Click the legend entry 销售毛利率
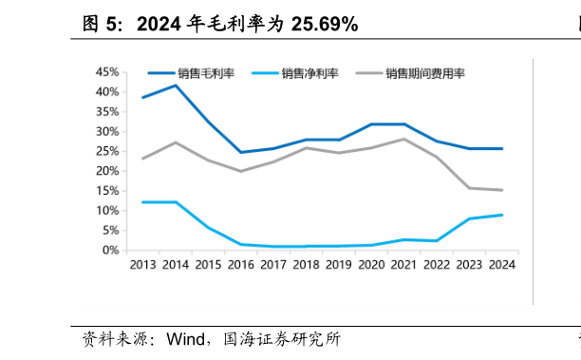[206, 73]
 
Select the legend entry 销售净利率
[309, 73]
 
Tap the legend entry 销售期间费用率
[425, 73]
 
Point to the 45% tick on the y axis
[106, 72]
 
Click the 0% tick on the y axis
[110, 250]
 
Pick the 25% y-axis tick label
[106, 151]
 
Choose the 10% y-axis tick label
[106, 210]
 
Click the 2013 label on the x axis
[142, 266]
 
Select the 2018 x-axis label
[306, 266]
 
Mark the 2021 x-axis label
[403, 266]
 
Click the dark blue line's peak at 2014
[176, 85]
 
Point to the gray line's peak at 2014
[176, 142]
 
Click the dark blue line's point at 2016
[240, 152]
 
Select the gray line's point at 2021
[403, 139]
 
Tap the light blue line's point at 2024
[501, 215]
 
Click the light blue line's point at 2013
[142, 202]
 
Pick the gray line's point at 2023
[468, 188]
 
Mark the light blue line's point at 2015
[208, 228]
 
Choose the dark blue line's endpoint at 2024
[501, 148]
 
